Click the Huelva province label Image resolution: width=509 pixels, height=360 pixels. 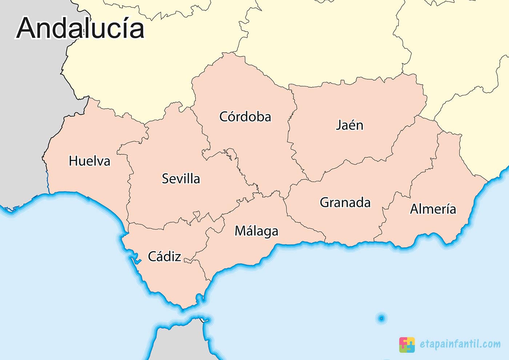[89, 161]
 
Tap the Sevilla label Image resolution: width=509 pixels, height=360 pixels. [181, 179]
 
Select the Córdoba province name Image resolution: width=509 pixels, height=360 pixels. [245, 117]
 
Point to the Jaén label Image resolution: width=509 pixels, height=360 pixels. [349, 125]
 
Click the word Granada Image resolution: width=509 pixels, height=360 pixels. [345, 202]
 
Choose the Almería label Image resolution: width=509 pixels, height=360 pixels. [433, 209]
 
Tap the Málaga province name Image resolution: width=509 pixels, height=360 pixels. [256, 231]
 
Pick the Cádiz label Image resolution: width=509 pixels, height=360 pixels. [164, 256]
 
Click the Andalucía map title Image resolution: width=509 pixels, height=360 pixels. [80, 28]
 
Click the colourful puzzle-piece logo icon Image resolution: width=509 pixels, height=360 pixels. [407, 344]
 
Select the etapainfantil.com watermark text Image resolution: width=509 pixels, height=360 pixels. [460, 344]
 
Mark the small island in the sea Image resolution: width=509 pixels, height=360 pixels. [381, 319]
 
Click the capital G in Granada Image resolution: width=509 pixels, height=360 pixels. [325, 202]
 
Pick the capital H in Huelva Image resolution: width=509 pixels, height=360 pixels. [74, 161]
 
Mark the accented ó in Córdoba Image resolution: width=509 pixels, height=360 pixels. [234, 117]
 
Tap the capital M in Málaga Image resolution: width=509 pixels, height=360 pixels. [240, 231]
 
